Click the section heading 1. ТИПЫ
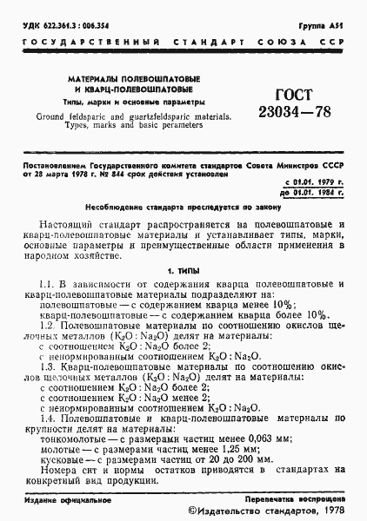(x=183, y=272)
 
